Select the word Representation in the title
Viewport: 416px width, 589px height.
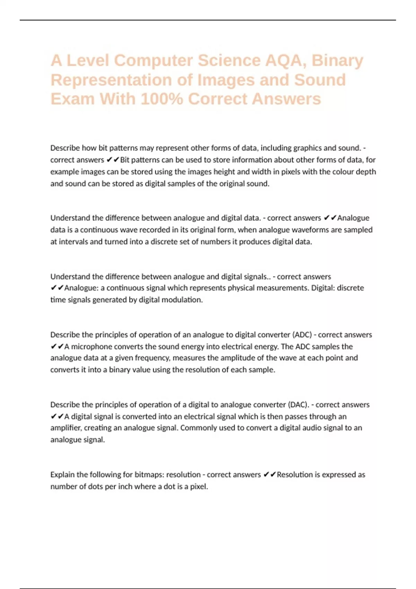click(111, 80)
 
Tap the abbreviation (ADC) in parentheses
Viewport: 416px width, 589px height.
click(302, 335)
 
